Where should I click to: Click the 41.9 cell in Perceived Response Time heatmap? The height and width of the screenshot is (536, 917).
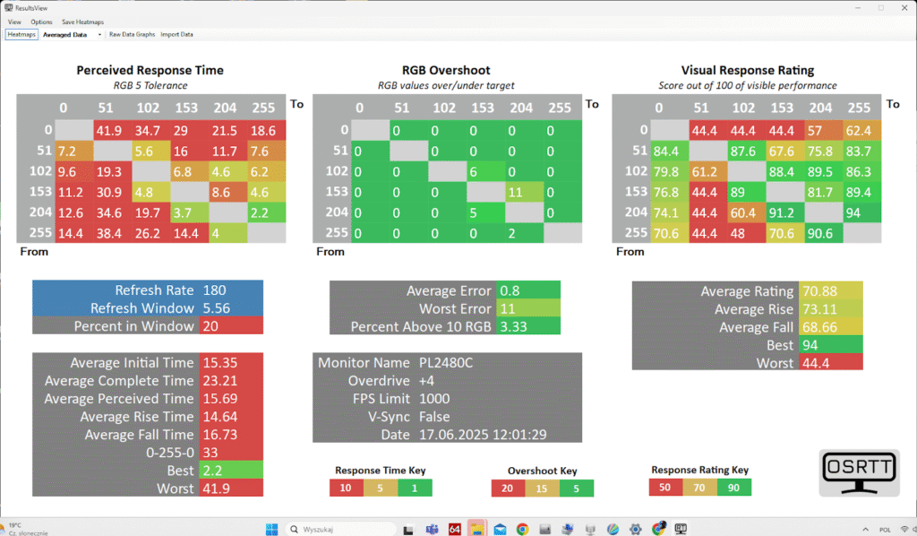point(108,131)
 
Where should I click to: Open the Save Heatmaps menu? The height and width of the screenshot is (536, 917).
point(81,22)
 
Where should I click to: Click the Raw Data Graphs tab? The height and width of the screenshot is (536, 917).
point(132,35)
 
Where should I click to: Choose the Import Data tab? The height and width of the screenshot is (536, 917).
point(176,35)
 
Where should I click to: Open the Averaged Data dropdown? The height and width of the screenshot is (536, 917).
point(73,35)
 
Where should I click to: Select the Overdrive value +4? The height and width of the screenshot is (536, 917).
point(430,381)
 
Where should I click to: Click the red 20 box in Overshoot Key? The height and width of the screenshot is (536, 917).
point(507,488)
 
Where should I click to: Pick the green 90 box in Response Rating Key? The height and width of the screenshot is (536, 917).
point(733,488)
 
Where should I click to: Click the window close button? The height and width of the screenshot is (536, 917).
point(901,7)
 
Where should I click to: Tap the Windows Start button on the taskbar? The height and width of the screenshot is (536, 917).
point(272,528)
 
